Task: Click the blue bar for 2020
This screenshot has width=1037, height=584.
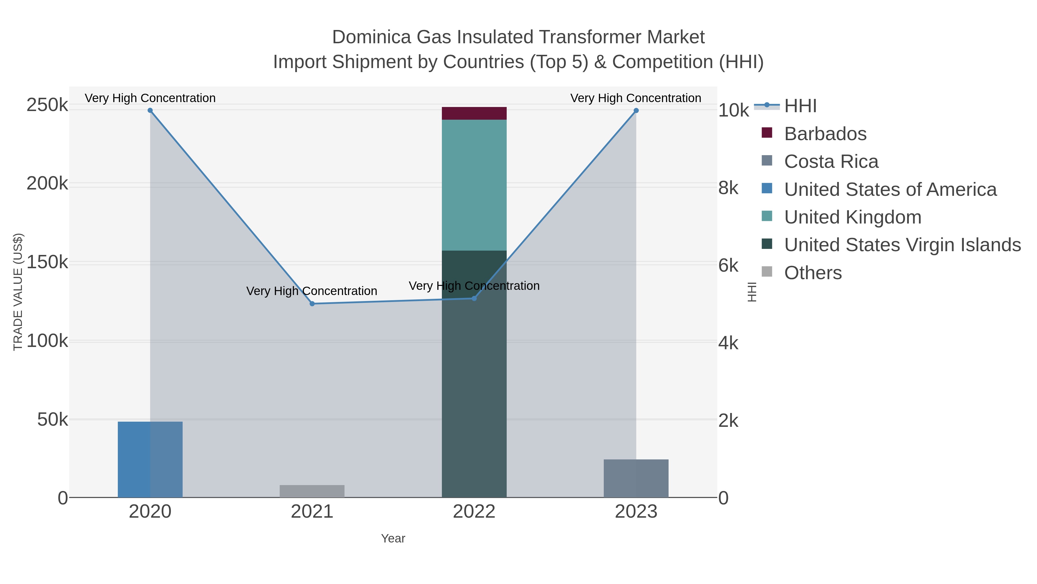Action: tap(150, 459)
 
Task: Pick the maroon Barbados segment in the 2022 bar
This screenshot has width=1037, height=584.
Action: tap(474, 113)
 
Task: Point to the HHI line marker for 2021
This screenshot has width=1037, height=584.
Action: tap(312, 303)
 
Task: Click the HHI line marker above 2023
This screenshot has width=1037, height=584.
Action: tap(636, 110)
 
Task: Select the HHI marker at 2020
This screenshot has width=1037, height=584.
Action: tap(150, 110)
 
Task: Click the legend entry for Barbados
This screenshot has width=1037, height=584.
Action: tap(825, 134)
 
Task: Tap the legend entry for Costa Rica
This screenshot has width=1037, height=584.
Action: tap(831, 162)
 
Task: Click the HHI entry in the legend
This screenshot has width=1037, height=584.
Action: tap(800, 106)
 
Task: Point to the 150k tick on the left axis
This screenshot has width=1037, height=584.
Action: tap(47, 262)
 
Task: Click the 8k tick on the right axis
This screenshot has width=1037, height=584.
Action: tap(728, 188)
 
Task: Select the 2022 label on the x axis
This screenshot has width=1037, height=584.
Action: tap(474, 512)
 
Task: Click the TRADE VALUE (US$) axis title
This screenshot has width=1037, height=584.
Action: tap(18, 292)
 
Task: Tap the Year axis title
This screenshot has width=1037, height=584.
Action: tap(393, 538)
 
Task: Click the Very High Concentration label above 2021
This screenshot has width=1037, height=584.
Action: tap(312, 291)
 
